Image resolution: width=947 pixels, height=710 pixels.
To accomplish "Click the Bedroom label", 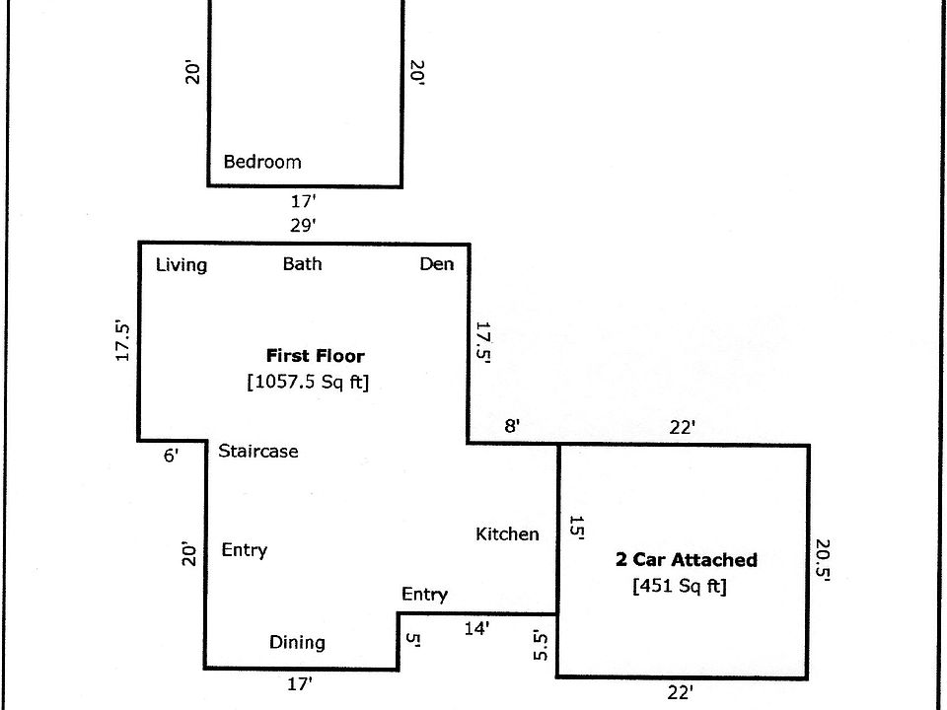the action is pyautogui.click(x=262, y=162).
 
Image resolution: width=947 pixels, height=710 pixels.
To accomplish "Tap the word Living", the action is pyautogui.click(x=182, y=264).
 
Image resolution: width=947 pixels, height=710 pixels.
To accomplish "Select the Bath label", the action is pyautogui.click(x=302, y=263).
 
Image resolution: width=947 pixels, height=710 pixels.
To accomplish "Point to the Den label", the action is pyautogui.click(x=437, y=264).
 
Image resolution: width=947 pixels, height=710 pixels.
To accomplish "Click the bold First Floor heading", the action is pyautogui.click(x=315, y=356).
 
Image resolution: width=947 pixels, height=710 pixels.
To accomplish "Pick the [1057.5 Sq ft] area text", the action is pyautogui.click(x=308, y=382).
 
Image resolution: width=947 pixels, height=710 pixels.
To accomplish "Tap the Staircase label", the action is pyautogui.click(x=258, y=451).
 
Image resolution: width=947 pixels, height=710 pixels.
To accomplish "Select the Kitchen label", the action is pyautogui.click(x=507, y=533).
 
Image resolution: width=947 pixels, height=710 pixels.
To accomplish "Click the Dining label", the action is pyautogui.click(x=297, y=642).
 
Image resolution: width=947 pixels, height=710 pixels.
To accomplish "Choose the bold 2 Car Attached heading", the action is pyautogui.click(x=687, y=559).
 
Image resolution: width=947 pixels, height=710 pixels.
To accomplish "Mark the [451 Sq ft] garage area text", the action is pyautogui.click(x=680, y=586).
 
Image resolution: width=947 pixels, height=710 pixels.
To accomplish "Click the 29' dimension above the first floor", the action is pyautogui.click(x=303, y=225).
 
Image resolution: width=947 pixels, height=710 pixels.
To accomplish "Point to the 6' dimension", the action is pyautogui.click(x=171, y=456).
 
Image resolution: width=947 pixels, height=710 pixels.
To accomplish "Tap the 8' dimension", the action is pyautogui.click(x=512, y=427).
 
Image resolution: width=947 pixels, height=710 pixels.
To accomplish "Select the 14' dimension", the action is pyautogui.click(x=476, y=627).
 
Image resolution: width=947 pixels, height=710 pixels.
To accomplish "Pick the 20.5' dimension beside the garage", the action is pyautogui.click(x=823, y=559).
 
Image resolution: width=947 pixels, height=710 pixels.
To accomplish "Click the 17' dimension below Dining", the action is pyautogui.click(x=300, y=683).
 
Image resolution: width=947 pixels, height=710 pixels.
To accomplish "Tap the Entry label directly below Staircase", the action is pyautogui.click(x=244, y=549).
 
